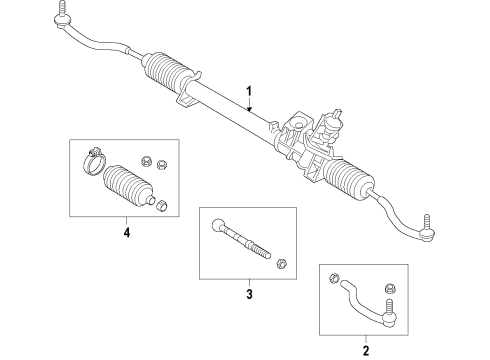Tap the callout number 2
[366, 350]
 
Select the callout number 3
[248, 294]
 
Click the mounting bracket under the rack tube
[184, 101]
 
